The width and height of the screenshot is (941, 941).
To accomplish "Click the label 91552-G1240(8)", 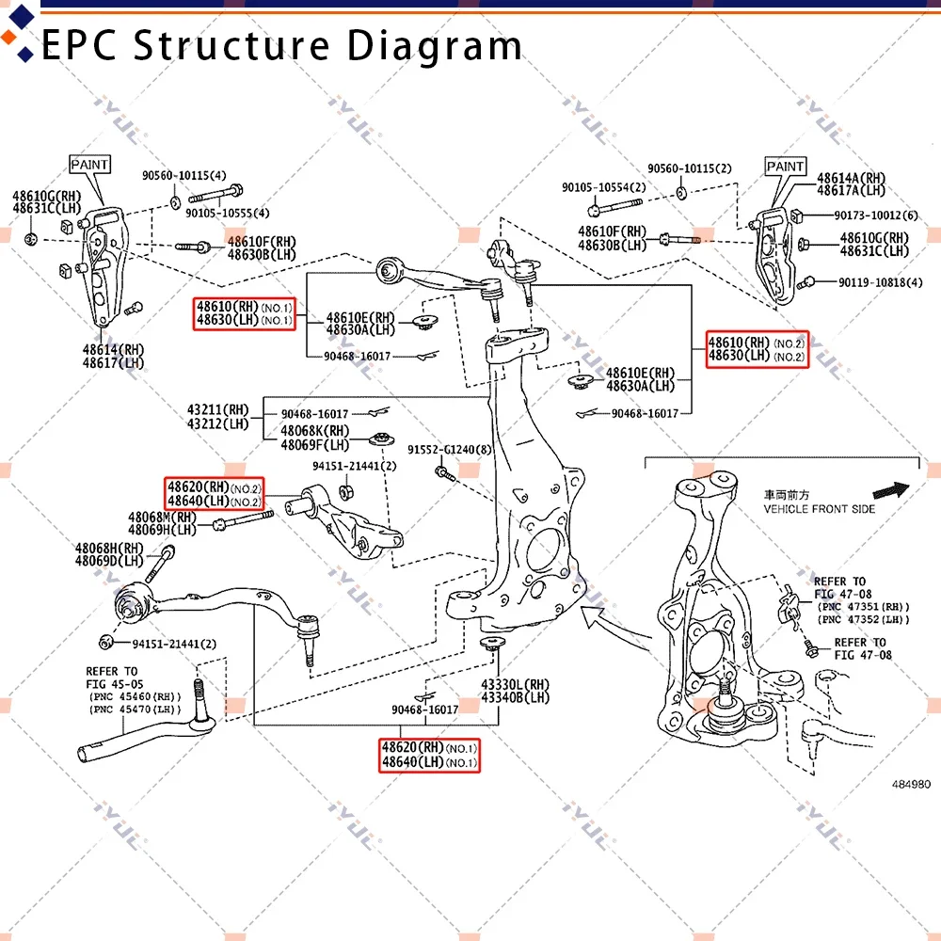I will coord(449,450).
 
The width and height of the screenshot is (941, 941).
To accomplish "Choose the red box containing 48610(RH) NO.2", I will coord(757,349).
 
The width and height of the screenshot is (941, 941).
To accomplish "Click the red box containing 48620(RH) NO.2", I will coord(215,494).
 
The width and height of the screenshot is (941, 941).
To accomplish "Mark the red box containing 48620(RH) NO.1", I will coord(429,755).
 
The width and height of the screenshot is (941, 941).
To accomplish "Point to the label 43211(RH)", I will coord(217,410).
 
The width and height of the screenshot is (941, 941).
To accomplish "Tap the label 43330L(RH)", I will coord(515,684).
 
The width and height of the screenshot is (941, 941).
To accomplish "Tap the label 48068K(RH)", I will coord(313,431).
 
